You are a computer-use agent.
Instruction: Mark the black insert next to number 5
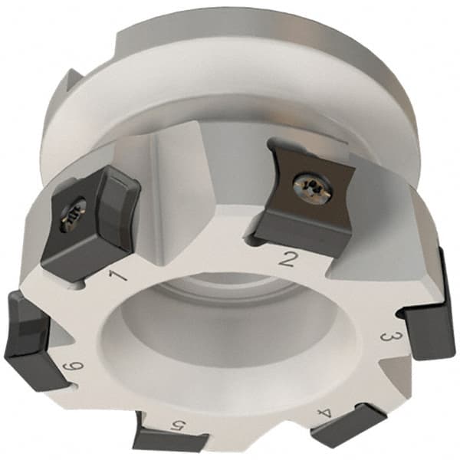[169, 439]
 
